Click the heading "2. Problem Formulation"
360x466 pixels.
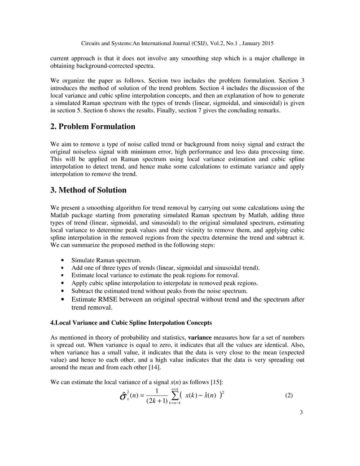click(93, 126)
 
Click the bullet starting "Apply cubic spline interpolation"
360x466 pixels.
click(164, 283)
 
